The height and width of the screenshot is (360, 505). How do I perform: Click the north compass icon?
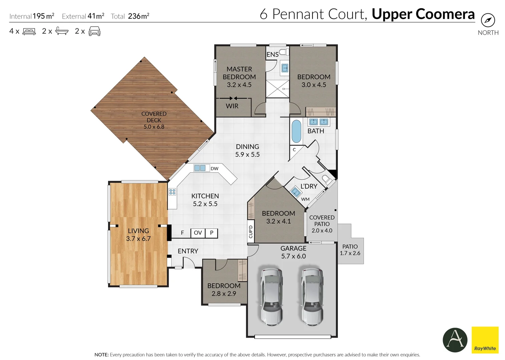point(488,20)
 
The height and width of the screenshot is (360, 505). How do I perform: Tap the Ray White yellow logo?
point(485,340)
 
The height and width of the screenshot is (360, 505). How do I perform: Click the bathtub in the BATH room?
point(296,131)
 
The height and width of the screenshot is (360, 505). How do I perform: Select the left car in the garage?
point(272,296)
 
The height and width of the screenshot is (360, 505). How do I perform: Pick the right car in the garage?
point(312,296)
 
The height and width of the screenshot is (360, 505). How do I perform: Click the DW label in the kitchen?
point(214,169)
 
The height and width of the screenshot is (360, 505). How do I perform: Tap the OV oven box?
point(198,233)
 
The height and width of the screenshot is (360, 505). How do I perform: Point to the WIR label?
point(232,106)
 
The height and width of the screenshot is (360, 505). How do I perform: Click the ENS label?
point(272,54)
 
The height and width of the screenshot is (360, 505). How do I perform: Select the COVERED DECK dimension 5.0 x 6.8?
point(154,127)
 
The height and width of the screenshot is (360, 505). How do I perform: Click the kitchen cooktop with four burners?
point(172,192)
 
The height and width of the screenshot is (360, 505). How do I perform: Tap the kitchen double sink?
point(200,168)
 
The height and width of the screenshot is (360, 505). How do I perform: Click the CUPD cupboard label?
point(250,231)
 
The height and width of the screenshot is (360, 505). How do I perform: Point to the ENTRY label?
point(188,251)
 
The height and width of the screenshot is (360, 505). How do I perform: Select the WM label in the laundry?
point(305,199)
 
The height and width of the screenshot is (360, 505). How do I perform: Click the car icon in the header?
point(94,31)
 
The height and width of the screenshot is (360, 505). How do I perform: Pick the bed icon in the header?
point(29,31)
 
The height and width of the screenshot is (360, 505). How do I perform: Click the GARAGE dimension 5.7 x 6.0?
point(293,256)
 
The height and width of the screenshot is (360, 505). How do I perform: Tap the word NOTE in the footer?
point(101,355)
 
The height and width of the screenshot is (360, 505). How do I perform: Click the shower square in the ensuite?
point(278,89)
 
